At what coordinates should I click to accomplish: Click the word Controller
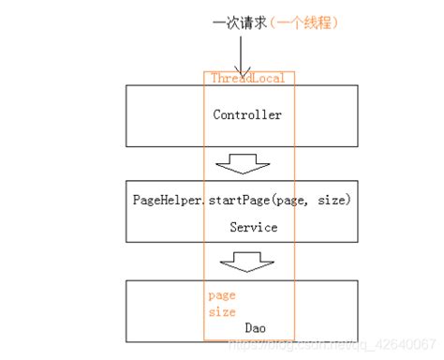pos(247,115)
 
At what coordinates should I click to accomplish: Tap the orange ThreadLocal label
pos(247,79)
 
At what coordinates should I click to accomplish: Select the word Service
pos(253,227)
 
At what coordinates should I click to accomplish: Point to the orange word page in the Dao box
pos(222,294)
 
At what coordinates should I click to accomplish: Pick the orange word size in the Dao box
pos(222,311)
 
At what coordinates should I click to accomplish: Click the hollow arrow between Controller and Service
pos(242,165)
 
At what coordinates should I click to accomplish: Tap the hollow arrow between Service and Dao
pos(242,260)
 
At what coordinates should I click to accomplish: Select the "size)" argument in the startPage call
pos(334,200)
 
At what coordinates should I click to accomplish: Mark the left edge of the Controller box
pos(126,116)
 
